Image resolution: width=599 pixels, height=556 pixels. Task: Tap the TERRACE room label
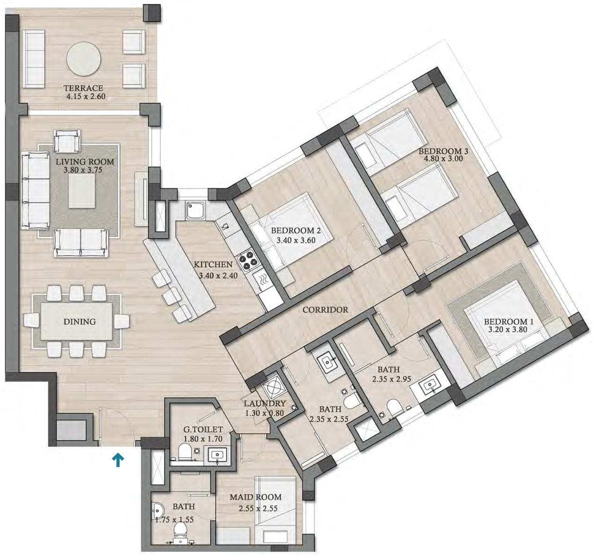click(83, 88)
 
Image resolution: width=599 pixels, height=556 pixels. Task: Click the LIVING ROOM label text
click(85, 162)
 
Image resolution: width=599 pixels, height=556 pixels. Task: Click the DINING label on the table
click(80, 322)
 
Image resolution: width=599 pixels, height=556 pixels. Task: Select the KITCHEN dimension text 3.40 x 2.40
click(218, 276)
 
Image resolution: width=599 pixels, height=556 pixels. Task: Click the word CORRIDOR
click(325, 310)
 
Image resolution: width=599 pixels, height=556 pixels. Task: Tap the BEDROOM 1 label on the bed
click(508, 322)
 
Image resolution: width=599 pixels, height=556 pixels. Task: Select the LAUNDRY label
click(264, 403)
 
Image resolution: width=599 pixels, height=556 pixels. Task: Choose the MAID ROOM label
click(256, 497)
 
